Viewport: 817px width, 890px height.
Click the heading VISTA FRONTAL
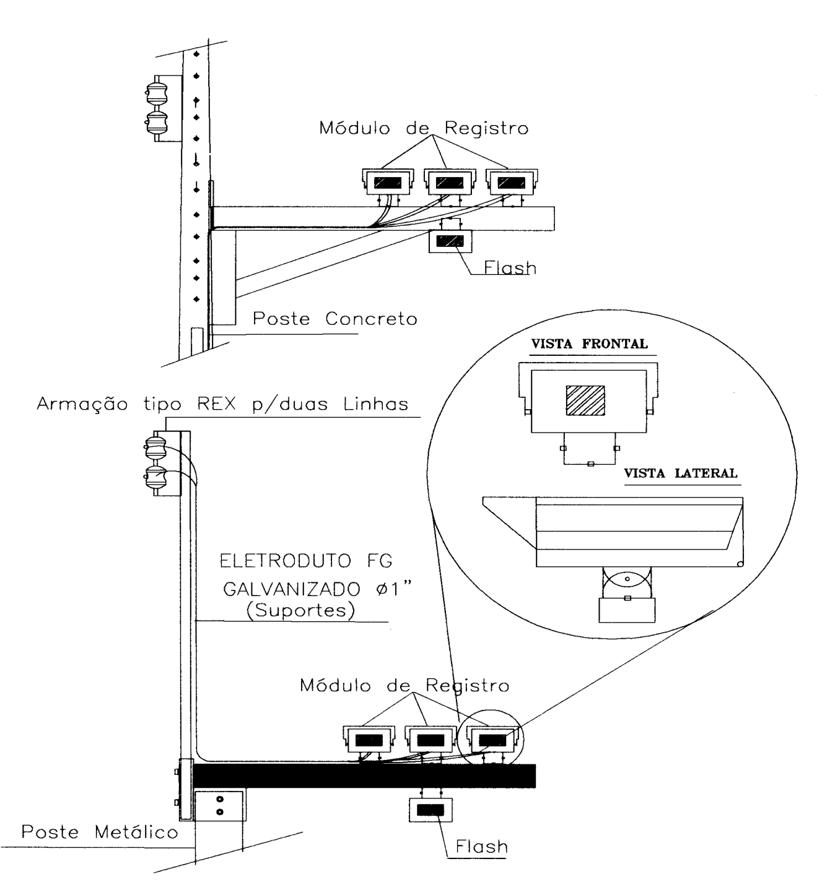589,344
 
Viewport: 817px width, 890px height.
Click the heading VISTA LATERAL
681,473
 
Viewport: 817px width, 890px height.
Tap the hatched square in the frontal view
585,400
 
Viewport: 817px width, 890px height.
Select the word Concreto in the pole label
371,319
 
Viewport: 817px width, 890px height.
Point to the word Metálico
136,831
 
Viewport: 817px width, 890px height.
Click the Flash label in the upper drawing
510,268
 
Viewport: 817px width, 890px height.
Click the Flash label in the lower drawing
482,847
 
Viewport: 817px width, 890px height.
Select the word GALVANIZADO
292,590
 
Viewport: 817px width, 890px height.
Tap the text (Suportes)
300,610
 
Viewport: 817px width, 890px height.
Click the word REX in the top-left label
217,404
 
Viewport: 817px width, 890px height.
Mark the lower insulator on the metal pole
155,478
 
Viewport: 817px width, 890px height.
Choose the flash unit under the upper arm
450,241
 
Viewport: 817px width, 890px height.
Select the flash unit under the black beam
430,810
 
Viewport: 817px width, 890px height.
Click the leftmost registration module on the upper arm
388,181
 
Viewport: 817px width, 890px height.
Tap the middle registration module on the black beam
430,739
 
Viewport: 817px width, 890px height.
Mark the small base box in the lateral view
627,610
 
